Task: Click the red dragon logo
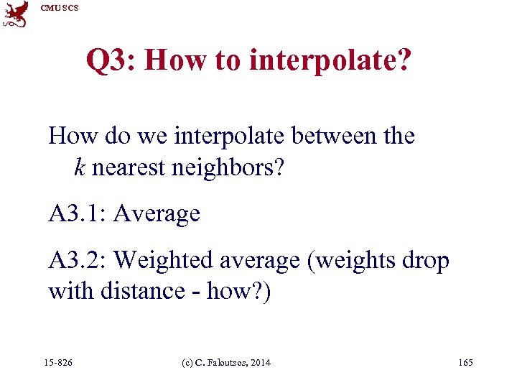[x=15, y=14]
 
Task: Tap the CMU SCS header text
[x=60, y=8]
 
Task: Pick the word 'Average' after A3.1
[x=157, y=213]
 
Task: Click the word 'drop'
[x=426, y=260]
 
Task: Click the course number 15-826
[x=58, y=363]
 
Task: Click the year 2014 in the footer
[x=259, y=363]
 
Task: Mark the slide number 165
[x=465, y=363]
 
